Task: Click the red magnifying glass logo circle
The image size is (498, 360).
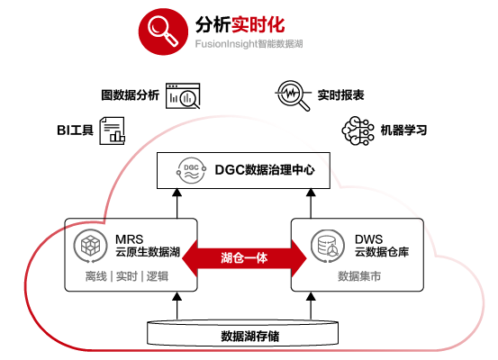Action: [x=163, y=31]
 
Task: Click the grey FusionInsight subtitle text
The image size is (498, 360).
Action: [x=249, y=43]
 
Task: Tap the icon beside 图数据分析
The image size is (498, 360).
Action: [x=183, y=95]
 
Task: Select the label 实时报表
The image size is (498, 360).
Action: [x=340, y=94]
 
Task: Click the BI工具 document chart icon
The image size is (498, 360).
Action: [x=112, y=130]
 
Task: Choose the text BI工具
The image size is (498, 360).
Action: [x=75, y=130]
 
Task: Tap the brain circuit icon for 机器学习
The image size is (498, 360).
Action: [x=358, y=130]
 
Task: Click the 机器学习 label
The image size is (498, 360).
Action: [x=403, y=130]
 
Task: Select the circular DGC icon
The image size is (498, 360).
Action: [x=191, y=170]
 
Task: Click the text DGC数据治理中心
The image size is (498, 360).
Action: [x=265, y=170]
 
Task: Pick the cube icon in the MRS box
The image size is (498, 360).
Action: [x=91, y=246]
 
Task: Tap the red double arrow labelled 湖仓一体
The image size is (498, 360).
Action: [x=244, y=258]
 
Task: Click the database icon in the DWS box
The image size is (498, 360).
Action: [x=328, y=246]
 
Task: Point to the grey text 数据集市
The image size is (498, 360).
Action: [x=359, y=276]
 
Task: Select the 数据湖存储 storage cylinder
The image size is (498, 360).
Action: [x=242, y=333]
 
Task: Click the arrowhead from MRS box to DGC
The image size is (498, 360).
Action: [x=177, y=193]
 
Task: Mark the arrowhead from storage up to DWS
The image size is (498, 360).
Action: [x=311, y=296]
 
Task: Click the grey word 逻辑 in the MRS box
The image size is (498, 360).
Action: [x=158, y=276]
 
